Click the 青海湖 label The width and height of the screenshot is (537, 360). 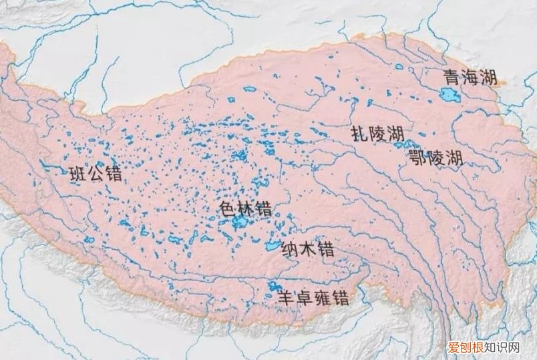469,79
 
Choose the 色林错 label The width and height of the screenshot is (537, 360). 245,208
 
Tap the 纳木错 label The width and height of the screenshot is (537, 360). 308,250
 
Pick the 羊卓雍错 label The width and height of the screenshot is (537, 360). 313,299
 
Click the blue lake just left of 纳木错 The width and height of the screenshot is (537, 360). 272,246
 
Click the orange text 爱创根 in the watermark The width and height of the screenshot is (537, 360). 463,348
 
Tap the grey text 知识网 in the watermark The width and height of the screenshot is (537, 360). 504,348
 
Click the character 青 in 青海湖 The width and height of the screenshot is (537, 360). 451,79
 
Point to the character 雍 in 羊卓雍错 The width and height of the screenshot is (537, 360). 322,299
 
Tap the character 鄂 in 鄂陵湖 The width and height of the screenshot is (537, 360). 417,158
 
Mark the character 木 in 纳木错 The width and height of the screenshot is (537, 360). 308,250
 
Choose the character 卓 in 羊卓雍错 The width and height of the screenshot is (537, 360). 305,299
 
